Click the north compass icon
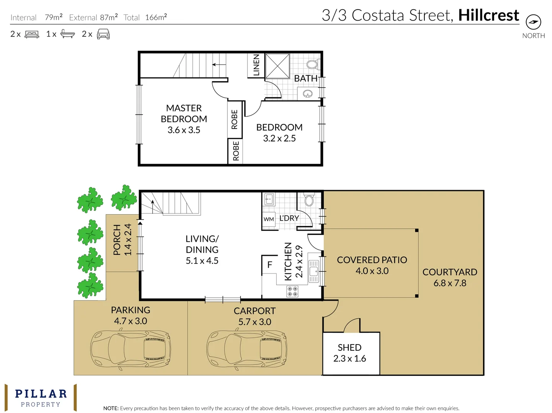[533, 22]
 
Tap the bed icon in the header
[32, 34]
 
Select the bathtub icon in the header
[68, 34]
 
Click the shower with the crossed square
[277, 66]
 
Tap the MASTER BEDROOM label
[184, 114]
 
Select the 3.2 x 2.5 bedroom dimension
[279, 138]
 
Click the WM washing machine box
[269, 219]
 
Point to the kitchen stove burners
[292, 291]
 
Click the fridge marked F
[269, 265]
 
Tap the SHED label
[350, 348]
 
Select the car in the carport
[247, 350]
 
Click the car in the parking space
[131, 350]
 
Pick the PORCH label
[117, 240]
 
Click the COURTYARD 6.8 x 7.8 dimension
[450, 283]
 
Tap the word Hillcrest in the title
[489, 15]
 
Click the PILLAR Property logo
[41, 397]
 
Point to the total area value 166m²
[156, 17]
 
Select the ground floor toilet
[309, 200]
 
